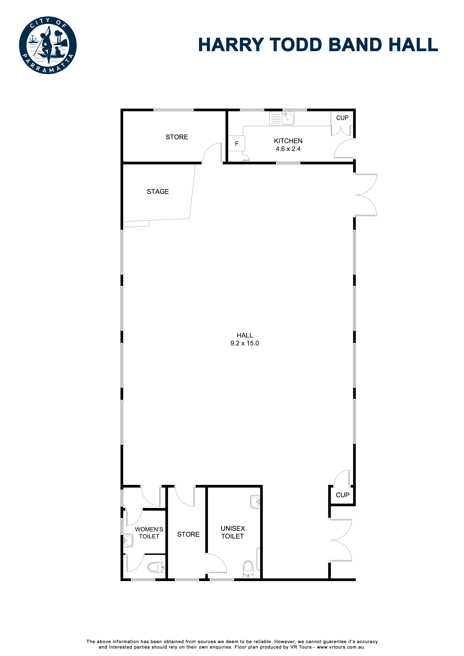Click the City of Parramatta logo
pos(48,45)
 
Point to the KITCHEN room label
pos(288,141)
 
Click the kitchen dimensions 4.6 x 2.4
pos(288,149)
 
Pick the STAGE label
pos(158,192)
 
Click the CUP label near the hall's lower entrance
pos(342,495)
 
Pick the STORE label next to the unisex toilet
pos(188,534)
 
